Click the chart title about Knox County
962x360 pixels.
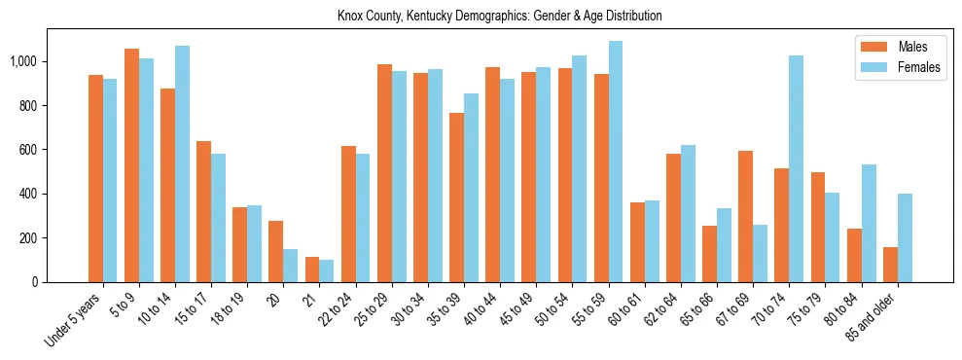coord(499,17)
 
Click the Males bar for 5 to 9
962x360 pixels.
coord(131,165)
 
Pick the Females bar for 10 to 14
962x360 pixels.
coord(182,163)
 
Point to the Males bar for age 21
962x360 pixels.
coord(312,270)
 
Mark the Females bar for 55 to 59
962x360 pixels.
coord(616,162)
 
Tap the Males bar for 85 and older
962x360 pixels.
coord(890,265)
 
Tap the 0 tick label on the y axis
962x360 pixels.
coord(35,282)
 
